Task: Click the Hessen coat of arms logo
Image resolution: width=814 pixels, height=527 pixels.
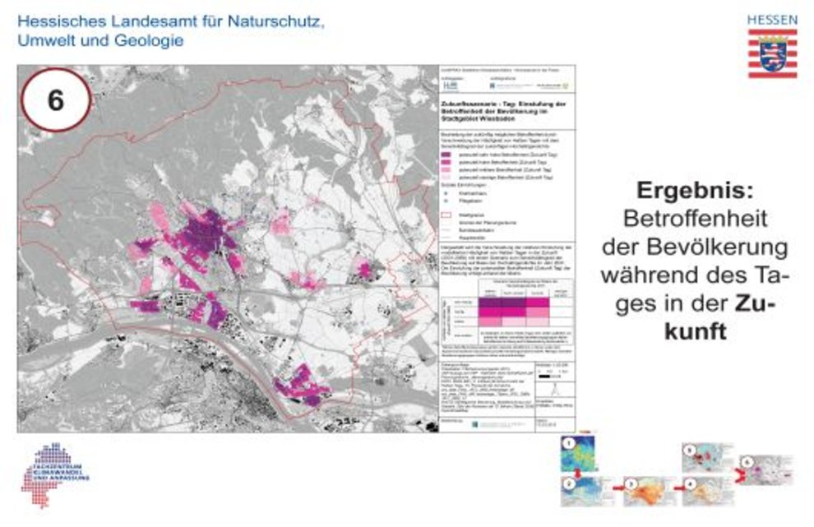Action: [771, 54]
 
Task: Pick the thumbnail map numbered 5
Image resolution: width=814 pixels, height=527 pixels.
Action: [704, 457]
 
